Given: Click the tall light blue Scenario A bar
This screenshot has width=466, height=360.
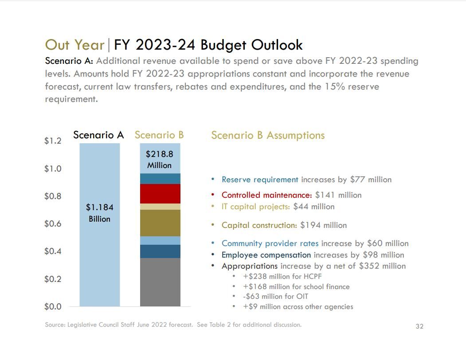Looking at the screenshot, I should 100,257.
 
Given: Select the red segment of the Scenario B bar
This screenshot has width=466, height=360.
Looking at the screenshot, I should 160,194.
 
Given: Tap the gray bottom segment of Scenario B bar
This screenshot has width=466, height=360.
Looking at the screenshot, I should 160,282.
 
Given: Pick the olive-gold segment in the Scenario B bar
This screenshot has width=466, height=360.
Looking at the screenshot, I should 160,223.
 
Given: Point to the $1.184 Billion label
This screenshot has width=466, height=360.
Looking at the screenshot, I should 99,213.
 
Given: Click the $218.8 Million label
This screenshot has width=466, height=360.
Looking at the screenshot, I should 160,160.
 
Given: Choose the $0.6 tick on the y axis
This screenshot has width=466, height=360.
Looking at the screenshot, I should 53,224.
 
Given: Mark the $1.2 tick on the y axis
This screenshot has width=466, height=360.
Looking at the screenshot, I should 53,141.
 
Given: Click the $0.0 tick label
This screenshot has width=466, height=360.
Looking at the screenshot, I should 53,306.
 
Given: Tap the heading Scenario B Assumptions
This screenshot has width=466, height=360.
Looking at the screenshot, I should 268,135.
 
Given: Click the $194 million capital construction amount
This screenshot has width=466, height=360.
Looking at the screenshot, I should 323,225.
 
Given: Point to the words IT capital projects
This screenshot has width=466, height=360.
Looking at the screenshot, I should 256,207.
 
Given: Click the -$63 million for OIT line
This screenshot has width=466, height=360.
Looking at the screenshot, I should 275,296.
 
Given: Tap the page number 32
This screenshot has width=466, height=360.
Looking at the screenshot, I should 419,326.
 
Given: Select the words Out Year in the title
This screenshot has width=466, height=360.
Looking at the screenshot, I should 74,45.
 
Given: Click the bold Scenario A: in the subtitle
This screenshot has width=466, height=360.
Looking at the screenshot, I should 69,61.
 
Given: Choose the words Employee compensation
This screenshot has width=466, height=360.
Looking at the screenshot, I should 266,255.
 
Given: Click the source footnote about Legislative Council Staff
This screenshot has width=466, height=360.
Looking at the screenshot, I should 173,325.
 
